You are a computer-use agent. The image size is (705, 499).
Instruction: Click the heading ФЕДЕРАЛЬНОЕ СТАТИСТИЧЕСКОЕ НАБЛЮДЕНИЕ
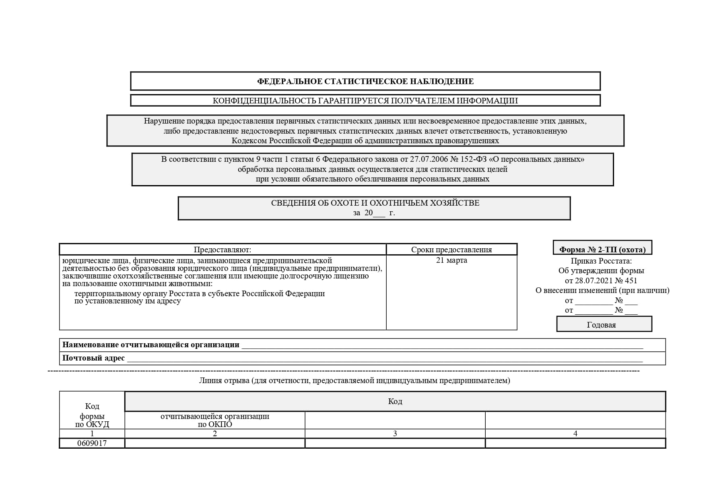click(365, 81)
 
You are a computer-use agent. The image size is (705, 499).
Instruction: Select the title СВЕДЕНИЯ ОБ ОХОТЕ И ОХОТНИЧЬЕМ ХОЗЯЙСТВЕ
click(375, 203)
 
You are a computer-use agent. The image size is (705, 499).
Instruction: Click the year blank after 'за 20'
click(379, 213)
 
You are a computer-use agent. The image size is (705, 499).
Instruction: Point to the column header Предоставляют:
click(222, 249)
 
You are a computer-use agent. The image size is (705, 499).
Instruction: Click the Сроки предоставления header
click(451, 249)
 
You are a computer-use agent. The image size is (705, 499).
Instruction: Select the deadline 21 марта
click(451, 260)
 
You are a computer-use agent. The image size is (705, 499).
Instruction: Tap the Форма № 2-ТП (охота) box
click(602, 249)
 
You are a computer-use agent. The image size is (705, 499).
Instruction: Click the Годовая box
click(601, 325)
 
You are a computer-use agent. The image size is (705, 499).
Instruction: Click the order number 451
click(630, 280)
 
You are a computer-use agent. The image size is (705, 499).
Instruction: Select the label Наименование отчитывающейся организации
click(150, 345)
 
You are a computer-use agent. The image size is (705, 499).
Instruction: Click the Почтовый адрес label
click(93, 358)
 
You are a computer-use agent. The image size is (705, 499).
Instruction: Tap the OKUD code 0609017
click(92, 443)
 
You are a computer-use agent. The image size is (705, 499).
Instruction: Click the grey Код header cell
click(395, 401)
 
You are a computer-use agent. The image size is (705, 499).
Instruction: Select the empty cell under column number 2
click(214, 443)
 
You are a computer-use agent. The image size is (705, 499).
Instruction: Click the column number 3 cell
click(395, 433)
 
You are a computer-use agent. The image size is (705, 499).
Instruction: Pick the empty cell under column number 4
click(575, 443)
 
